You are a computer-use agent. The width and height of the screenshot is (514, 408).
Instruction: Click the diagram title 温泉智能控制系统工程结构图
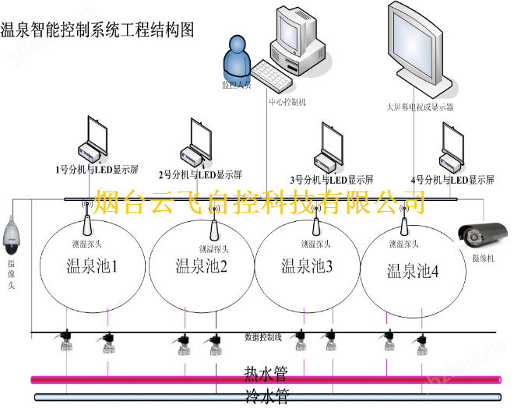pyautogui.click(x=97, y=30)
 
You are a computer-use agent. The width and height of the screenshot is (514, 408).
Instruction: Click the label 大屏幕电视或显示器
pyautogui.click(x=420, y=106)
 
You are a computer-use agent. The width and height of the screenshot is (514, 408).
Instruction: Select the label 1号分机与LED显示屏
pyautogui.click(x=97, y=168)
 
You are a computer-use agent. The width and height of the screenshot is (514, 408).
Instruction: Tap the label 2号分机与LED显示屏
pyautogui.click(x=200, y=174)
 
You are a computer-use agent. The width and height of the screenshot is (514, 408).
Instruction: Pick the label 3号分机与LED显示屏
pyautogui.click(x=331, y=178)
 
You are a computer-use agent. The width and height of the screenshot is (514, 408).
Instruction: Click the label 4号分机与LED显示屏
pyautogui.click(x=452, y=178)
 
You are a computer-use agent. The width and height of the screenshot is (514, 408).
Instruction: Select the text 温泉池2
pyautogui.click(x=202, y=267)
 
